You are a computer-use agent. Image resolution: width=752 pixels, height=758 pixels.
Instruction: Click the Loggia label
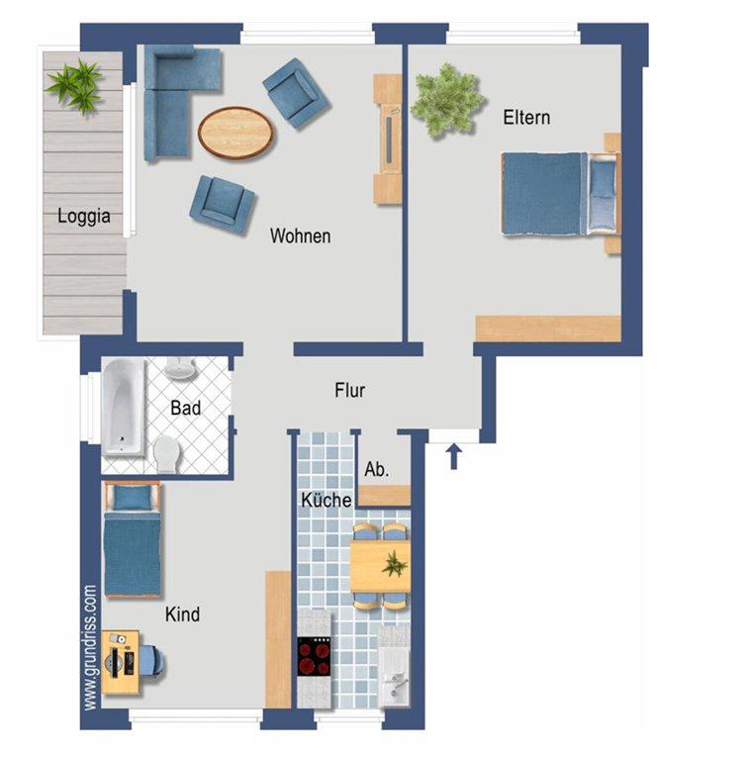pos(83,217)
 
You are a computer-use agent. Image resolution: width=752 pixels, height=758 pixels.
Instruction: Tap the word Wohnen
pos(300,236)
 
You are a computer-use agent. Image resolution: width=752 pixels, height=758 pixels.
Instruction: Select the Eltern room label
pos(526,118)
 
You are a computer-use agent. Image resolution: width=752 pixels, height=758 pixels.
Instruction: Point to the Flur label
pos(350,390)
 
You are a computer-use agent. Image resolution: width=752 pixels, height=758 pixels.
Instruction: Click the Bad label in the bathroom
pos(186,408)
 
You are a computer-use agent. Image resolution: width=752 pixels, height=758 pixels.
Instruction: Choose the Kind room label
pos(182,615)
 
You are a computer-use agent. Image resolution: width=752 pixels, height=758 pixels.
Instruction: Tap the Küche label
pos(327,500)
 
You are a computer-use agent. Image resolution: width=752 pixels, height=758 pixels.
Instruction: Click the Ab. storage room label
pos(376,469)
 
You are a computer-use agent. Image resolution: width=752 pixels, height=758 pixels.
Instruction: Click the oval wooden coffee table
pos(235,133)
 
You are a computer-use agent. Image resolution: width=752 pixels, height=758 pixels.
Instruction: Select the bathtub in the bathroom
pos(124,407)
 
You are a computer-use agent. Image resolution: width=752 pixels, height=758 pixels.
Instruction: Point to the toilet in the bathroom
pos(167,454)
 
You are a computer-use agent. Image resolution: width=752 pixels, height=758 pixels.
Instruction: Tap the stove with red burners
pos(314,656)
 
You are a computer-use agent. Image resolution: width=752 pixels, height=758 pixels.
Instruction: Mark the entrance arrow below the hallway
pos(453,457)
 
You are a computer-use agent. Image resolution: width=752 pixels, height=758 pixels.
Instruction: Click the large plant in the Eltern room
pos(446,101)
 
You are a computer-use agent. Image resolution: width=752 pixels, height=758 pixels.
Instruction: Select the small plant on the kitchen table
pos(395,564)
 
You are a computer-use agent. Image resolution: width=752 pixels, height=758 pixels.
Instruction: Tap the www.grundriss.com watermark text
pos(90,647)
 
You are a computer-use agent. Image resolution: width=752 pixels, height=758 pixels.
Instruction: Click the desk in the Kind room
pos(121,662)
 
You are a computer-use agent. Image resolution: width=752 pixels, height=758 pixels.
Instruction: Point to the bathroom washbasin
pos(179,368)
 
